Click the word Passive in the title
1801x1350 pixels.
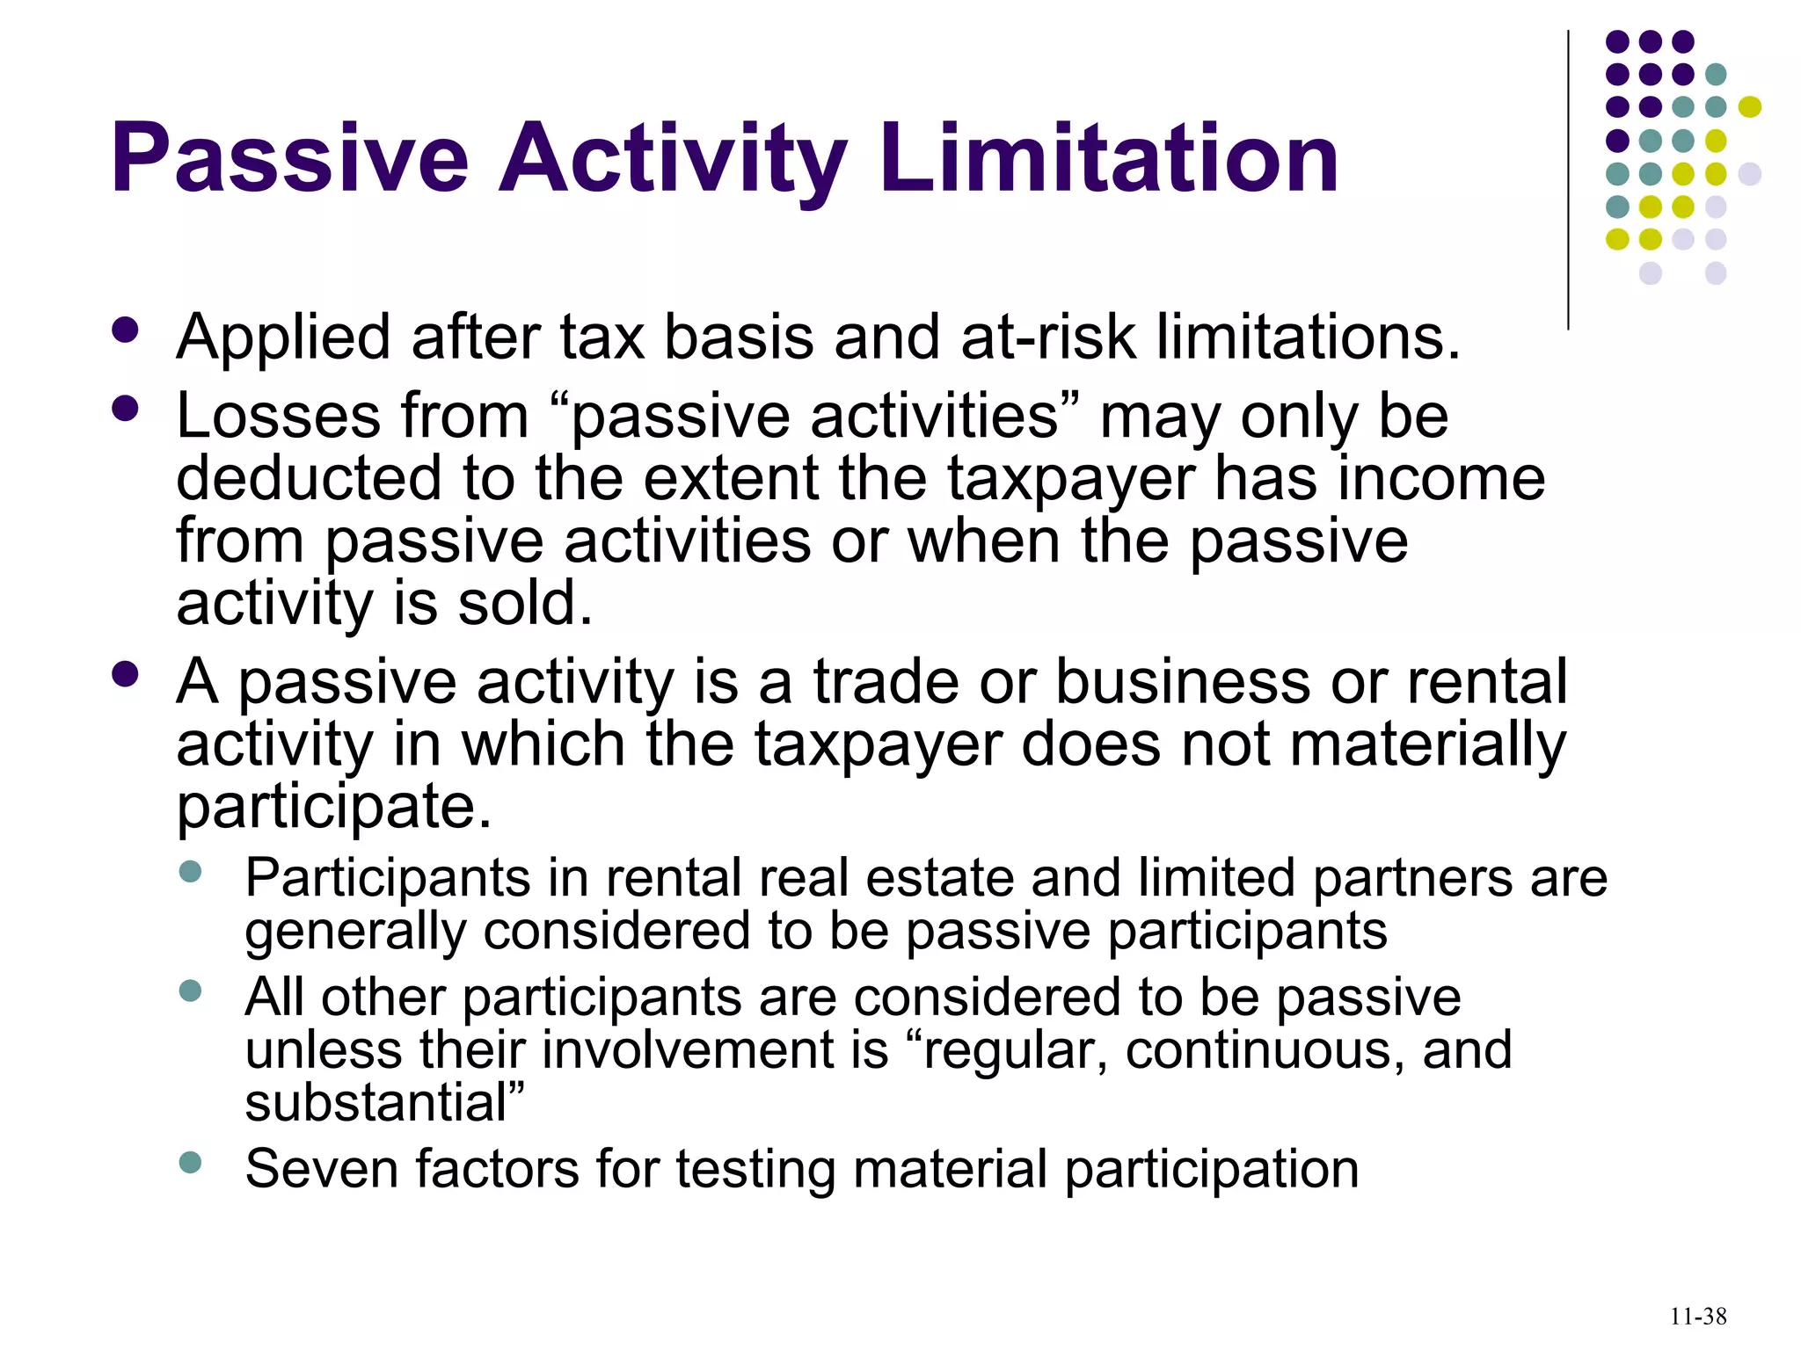(290, 160)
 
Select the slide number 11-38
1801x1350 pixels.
(1698, 1317)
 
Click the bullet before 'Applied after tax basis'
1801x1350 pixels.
(126, 330)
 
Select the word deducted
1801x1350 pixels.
(309, 478)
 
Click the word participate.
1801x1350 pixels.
(333, 807)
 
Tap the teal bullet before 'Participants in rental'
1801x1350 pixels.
(190, 872)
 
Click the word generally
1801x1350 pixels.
(354, 932)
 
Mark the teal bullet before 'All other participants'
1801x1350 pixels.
(190, 991)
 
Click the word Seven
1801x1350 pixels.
(321, 1169)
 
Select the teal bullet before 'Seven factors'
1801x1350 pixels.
(190, 1163)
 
